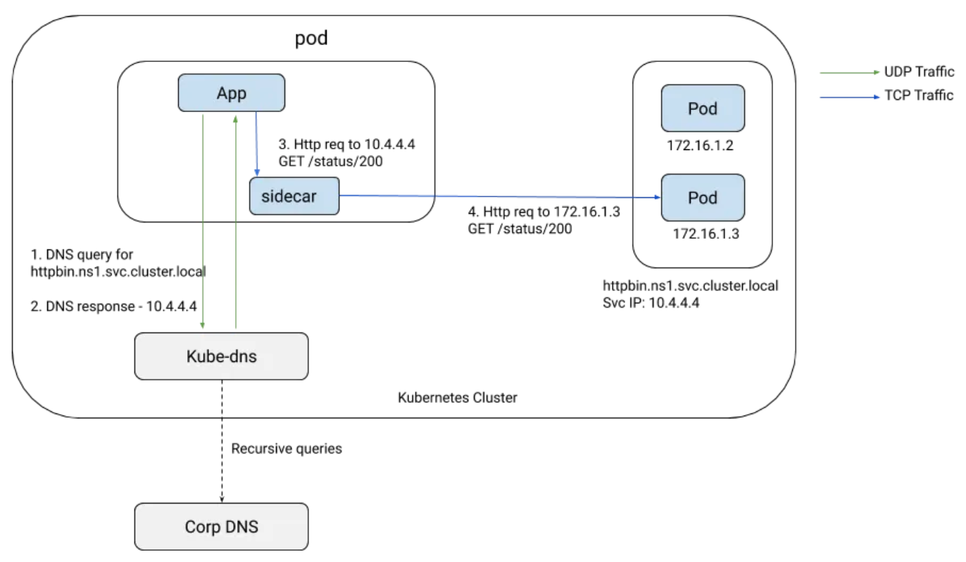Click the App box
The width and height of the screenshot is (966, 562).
click(232, 93)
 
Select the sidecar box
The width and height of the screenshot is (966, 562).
click(294, 196)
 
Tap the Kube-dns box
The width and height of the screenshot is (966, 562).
click(221, 356)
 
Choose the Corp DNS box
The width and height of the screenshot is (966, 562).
click(221, 527)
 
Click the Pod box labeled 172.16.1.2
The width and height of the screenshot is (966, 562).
click(703, 108)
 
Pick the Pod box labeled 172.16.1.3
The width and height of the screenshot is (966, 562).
click(703, 197)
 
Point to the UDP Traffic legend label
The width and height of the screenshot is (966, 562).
click(919, 72)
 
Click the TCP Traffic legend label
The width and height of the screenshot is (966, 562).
click(919, 95)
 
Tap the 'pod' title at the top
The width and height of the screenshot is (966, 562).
click(311, 39)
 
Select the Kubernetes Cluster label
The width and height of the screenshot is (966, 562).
click(457, 398)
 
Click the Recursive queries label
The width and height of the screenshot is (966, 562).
click(287, 449)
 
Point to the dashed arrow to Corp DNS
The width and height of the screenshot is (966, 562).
click(222, 442)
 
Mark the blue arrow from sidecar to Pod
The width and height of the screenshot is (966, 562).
click(500, 196)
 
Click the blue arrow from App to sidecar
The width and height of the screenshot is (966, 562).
click(256, 144)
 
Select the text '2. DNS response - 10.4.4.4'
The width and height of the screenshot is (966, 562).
click(113, 306)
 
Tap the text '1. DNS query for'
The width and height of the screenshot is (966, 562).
click(82, 254)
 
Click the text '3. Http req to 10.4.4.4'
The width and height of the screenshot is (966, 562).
click(346, 144)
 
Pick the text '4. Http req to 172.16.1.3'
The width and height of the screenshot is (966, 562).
click(544, 212)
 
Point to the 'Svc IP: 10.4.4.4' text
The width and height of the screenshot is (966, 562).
click(651, 303)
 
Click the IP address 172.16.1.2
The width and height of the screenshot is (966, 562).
click(700, 145)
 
